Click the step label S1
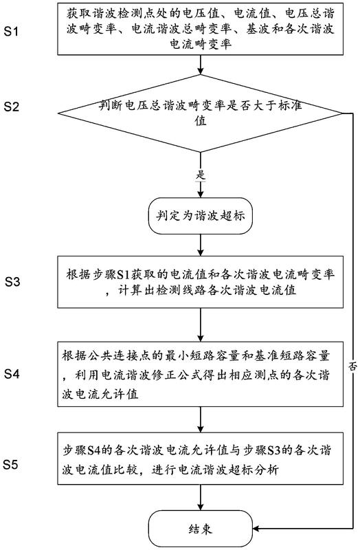(x=11, y=32)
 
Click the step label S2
(x=11, y=107)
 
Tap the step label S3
(x=12, y=282)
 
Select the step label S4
(x=12, y=374)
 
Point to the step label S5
(x=10, y=465)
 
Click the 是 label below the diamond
(x=201, y=175)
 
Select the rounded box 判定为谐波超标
(x=200, y=216)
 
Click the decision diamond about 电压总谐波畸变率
(x=200, y=113)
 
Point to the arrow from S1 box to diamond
(x=201, y=65)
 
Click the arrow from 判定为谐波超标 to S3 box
(x=201, y=245)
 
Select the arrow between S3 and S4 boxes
(x=201, y=324)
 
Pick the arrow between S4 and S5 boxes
(x=201, y=419)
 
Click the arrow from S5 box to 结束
(x=201, y=498)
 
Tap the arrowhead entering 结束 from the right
(x=256, y=528)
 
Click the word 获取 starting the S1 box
(x=78, y=13)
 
